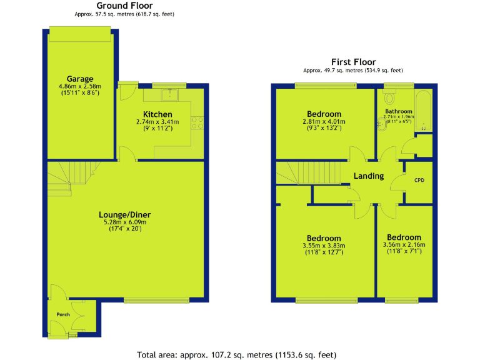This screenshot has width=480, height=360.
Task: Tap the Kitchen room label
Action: pyautogui.click(x=157, y=114)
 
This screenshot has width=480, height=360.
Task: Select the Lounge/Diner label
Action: pyautogui.click(x=126, y=214)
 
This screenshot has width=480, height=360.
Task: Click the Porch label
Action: pyautogui.click(x=63, y=314)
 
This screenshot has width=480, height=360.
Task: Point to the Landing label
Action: pyautogui.click(x=368, y=176)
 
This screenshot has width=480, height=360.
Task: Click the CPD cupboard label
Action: pyautogui.click(x=419, y=181)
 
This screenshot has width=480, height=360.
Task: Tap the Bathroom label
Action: pyautogui.click(x=398, y=111)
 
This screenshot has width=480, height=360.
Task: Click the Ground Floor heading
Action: pyautogui.click(x=124, y=6)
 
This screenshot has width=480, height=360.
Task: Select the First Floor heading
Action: pyautogui.click(x=353, y=62)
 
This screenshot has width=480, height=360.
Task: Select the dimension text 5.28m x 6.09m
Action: pyautogui.click(x=126, y=222)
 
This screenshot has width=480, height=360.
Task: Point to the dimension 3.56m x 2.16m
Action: pyautogui.click(x=404, y=245)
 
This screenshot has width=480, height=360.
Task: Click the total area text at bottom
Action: pyautogui.click(x=239, y=354)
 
